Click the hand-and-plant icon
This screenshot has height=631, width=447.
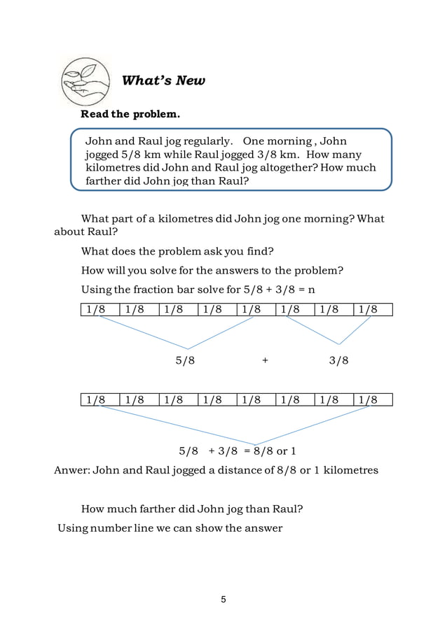pyautogui.click(x=85, y=80)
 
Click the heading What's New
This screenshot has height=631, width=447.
pyautogui.click(x=163, y=80)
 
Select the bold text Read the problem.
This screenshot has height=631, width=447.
pyautogui.click(x=130, y=114)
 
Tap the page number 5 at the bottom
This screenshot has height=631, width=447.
pyautogui.click(x=223, y=600)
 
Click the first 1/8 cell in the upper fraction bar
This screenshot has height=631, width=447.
pyautogui.click(x=99, y=309)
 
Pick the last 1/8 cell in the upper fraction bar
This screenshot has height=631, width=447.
pyautogui.click(x=373, y=309)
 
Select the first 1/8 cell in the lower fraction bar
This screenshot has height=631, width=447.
pyautogui.click(x=99, y=400)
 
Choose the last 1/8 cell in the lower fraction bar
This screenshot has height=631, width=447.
pyautogui.click(x=373, y=400)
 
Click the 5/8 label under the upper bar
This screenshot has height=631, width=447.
pyautogui.click(x=185, y=361)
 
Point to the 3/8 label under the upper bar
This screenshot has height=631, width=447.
pyautogui.click(x=339, y=361)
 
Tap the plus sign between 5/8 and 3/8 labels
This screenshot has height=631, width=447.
pyautogui.click(x=265, y=361)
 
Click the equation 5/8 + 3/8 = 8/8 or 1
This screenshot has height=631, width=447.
pyautogui.click(x=238, y=451)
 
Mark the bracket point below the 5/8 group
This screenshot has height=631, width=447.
pyautogui.click(x=187, y=348)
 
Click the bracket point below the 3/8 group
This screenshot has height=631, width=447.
pyautogui.click(x=340, y=344)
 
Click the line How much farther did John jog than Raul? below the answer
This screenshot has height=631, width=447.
pyautogui.click(x=192, y=509)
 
